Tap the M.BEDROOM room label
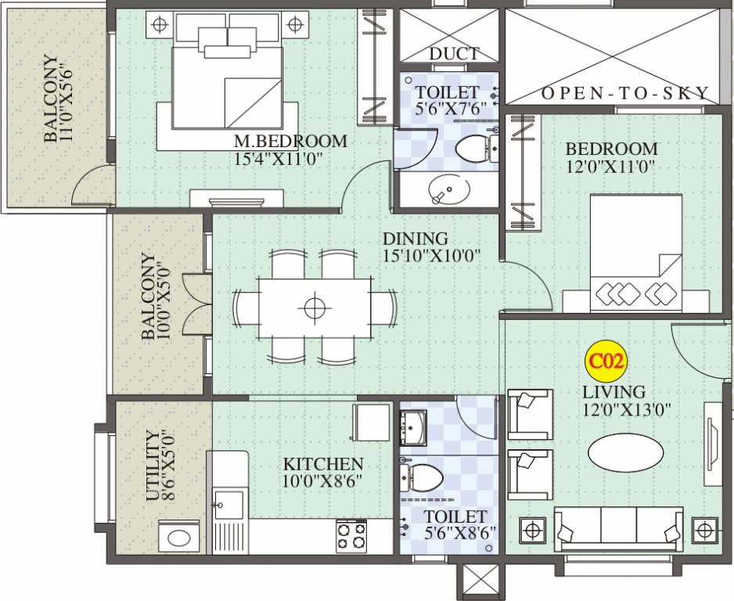coord(290,142)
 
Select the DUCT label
coord(453,54)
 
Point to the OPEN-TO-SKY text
coord(625,93)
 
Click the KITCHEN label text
coord(322,464)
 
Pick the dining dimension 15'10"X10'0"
coord(430,255)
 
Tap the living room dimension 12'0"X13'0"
coord(626,409)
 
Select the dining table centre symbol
coord(315,308)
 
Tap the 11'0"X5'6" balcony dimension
coord(68,99)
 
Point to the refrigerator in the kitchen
coord(371,423)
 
